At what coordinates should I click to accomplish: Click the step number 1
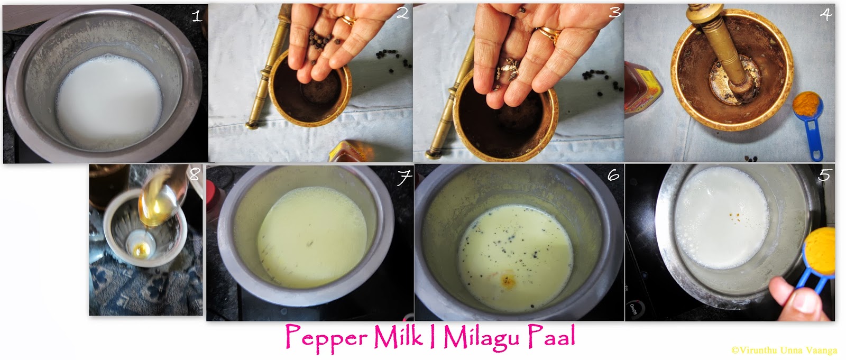[x=197, y=16]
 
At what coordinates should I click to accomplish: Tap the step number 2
[x=402, y=14]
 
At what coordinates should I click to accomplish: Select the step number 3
[x=614, y=13]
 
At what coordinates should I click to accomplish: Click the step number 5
[x=824, y=174]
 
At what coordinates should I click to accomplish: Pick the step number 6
[x=613, y=175]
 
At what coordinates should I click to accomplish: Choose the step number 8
[x=195, y=174]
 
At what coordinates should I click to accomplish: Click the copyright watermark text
[x=785, y=350]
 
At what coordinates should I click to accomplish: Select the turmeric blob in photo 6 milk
[x=509, y=279]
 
